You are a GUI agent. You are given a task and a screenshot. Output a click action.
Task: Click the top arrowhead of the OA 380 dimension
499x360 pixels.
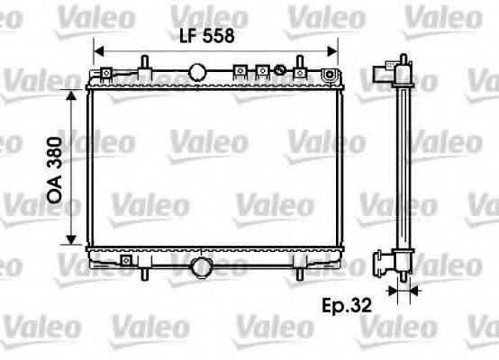pyautogui.click(x=70, y=94)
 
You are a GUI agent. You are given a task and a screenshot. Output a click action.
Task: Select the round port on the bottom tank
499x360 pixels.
pyautogui.click(x=202, y=267)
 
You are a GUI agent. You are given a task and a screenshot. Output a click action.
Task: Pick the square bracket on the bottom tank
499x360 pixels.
pyautogui.click(x=125, y=263)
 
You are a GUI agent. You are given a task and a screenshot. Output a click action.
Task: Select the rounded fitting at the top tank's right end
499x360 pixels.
pyautogui.click(x=330, y=72)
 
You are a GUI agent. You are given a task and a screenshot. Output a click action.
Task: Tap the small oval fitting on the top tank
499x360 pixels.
pyautogui.click(x=280, y=71)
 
